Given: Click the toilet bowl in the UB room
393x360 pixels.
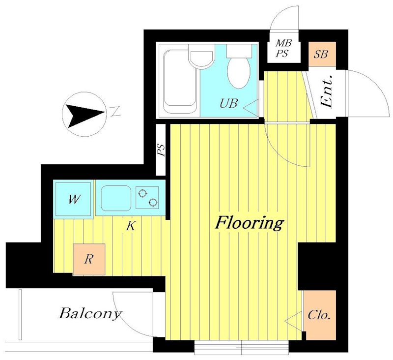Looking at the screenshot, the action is coord(239,72).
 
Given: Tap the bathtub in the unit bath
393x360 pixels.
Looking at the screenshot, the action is coord(180,81).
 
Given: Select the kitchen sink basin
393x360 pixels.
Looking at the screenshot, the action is coord(116,198).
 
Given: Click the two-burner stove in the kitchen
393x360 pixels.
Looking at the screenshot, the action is coord(147,198).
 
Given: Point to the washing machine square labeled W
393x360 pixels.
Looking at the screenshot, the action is coord(73,199).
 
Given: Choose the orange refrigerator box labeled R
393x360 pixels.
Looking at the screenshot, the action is coord(89,259).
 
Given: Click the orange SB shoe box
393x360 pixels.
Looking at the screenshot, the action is coord(322,54).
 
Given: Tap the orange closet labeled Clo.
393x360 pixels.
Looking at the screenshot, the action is coord(319,315).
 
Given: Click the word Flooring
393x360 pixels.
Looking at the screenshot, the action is coord(250,223).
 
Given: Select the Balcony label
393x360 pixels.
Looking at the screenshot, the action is coord(90,314).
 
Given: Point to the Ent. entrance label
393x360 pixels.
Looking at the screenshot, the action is coord(327,91).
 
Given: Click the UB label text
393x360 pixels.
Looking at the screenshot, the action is coord(228,103).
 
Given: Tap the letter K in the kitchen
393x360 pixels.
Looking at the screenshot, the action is coord(131,226).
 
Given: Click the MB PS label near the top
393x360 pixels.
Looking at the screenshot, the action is coord(283,48).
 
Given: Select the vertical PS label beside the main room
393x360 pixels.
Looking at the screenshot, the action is coord(162,150).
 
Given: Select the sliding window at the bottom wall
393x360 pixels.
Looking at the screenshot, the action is coord(242,347).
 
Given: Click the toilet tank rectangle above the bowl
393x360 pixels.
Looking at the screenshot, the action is coord(239,51).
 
